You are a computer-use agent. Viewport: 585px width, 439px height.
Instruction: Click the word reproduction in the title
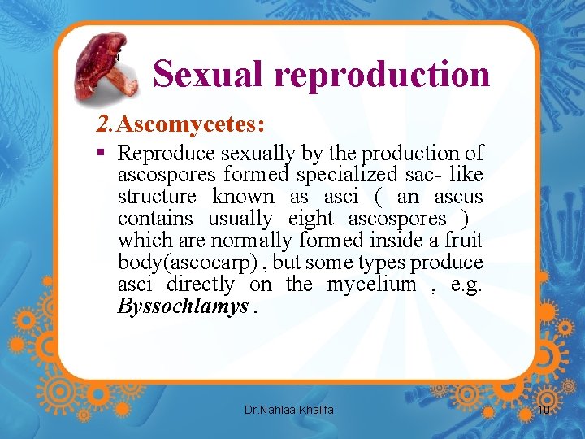point(382,75)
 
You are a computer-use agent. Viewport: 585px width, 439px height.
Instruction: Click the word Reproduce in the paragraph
point(167,153)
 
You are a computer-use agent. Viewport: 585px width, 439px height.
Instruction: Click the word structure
point(157,197)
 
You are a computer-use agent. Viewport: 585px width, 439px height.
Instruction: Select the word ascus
point(458,197)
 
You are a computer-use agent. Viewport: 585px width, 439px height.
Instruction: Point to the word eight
point(311,219)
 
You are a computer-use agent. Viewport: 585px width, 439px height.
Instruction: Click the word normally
point(252,241)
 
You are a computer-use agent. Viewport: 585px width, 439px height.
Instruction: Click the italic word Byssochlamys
point(183,306)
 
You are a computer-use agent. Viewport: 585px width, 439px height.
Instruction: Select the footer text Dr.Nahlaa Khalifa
point(288,410)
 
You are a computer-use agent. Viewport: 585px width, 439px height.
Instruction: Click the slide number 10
point(544,410)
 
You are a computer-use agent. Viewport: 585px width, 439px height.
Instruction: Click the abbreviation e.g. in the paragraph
point(467,285)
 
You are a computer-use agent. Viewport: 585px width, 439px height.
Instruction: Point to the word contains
point(155,219)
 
